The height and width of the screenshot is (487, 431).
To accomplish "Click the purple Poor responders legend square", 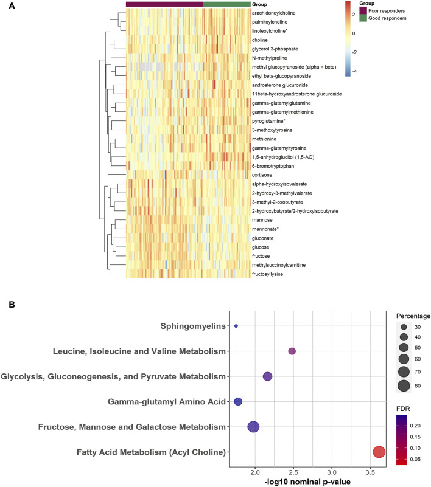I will [363, 10].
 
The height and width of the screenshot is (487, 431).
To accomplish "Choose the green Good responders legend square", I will [363, 18].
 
